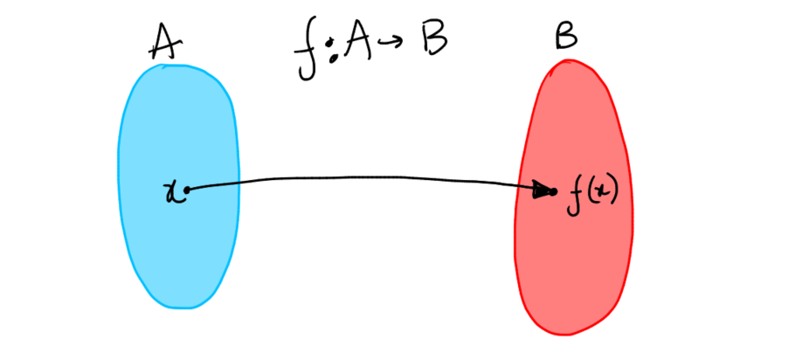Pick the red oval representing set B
pos(572,262)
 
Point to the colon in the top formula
pos(331,54)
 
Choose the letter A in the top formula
pos(358,48)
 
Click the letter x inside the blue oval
pos(171,190)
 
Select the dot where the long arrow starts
pos(185,189)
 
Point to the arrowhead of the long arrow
pos(549,190)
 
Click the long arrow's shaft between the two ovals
pos(367,179)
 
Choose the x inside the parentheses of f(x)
pos(602,192)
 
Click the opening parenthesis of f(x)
pos(590,192)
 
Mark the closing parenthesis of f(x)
pos(614,192)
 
